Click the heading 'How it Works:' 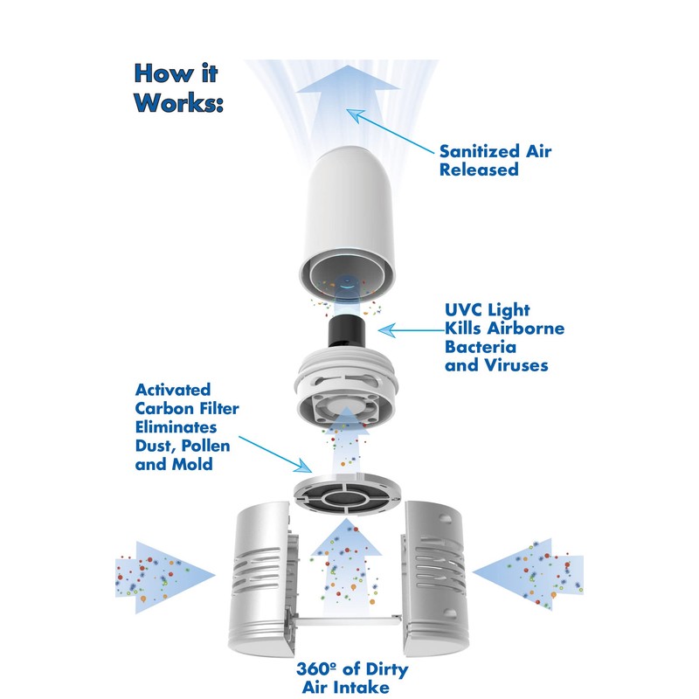178,88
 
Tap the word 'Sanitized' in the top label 480,151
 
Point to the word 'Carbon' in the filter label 165,408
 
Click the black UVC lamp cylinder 347,331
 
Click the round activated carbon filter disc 347,493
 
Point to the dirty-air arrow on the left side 165,577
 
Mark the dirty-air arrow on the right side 528,574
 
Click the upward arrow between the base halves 346,566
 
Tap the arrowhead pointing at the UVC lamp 386,330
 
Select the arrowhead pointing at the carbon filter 304,466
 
